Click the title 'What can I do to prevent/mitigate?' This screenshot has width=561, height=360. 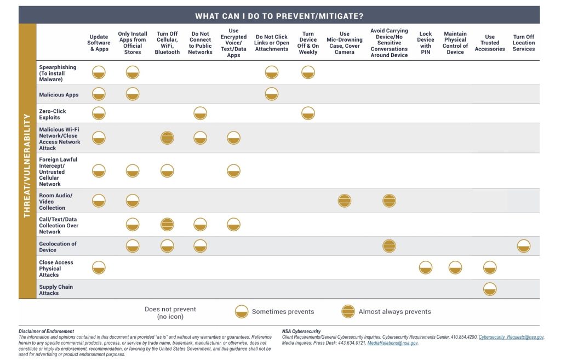[x=279, y=15]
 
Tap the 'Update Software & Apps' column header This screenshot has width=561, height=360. [x=99, y=43]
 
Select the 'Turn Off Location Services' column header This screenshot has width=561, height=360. [x=523, y=43]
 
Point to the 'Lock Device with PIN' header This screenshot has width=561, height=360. [x=426, y=43]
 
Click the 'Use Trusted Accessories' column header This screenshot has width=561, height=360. [x=490, y=43]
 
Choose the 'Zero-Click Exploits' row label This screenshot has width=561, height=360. [x=53, y=114]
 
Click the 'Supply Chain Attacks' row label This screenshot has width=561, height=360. [x=56, y=290]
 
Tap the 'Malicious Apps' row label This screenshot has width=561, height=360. [x=59, y=95]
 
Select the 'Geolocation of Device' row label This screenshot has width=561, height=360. [x=58, y=247]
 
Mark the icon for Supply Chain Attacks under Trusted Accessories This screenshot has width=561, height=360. [x=490, y=289]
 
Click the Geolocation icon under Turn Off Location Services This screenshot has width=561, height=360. [x=523, y=246]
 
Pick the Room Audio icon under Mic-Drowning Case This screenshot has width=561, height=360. [x=345, y=201]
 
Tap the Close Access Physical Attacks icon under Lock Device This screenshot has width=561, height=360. [x=426, y=268]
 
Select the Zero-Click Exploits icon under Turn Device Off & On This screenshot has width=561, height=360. [x=308, y=113]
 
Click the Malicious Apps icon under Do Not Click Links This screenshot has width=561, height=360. [x=272, y=94]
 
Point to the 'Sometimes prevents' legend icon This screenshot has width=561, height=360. [x=241, y=312]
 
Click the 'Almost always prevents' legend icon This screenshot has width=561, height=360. [x=347, y=312]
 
